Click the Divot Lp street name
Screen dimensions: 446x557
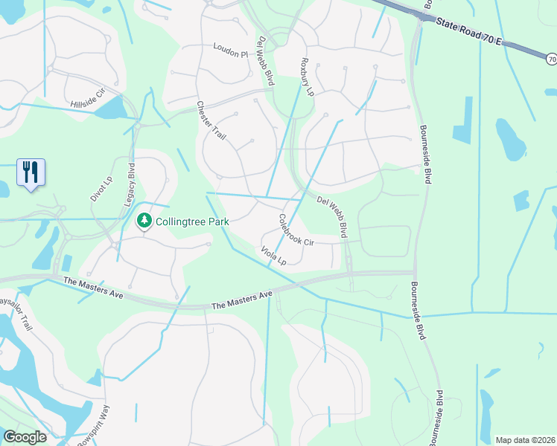[100, 189]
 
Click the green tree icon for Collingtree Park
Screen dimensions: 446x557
[144, 221]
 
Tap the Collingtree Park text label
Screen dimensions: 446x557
[192, 222]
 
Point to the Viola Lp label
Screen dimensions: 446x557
[273, 256]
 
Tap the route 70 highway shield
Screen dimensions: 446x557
[550, 58]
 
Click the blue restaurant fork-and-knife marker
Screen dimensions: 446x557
[31, 172]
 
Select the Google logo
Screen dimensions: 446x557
[25, 437]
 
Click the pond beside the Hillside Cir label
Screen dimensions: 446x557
[112, 109]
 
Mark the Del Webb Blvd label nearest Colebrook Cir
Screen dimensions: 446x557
[332, 216]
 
